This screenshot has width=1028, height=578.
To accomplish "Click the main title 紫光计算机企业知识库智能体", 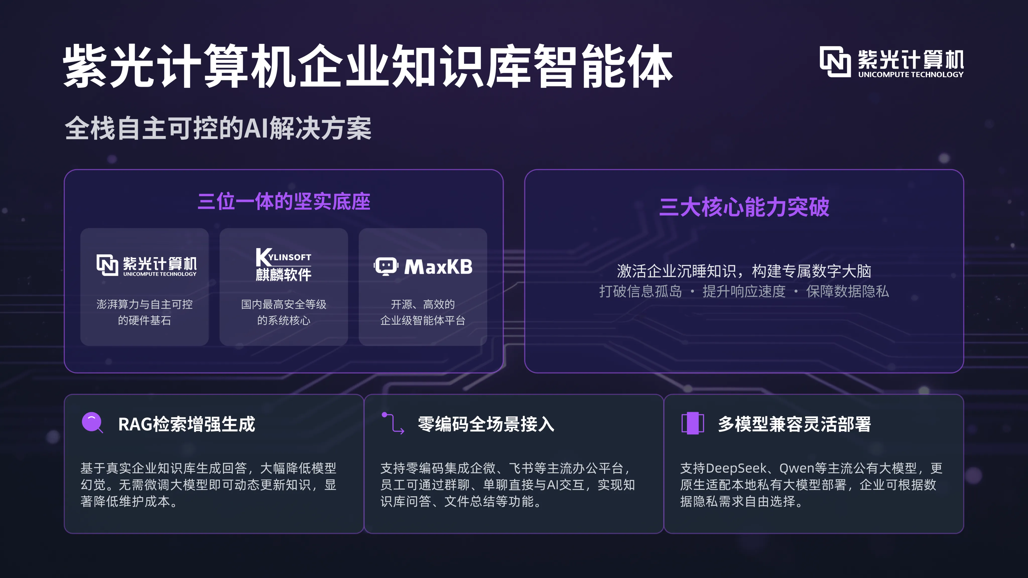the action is [367, 66].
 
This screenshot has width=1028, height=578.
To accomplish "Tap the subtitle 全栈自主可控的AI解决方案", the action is [218, 128].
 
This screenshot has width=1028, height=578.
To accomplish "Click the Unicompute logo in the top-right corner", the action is [891, 62].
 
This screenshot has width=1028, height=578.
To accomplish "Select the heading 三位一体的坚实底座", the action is [284, 201].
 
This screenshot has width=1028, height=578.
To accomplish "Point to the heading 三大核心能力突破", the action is [744, 207].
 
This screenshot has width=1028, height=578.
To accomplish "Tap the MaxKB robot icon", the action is [385, 266].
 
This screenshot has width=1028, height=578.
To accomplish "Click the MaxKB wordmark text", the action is [438, 267].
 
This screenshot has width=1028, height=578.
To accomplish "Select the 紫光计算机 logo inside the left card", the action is [147, 265].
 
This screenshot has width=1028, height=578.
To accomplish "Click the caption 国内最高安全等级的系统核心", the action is [284, 312].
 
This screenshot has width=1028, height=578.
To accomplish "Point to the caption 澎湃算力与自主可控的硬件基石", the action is [145, 312].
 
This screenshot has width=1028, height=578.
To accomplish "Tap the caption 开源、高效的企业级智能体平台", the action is [423, 312].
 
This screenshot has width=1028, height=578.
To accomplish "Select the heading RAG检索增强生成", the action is [186, 424].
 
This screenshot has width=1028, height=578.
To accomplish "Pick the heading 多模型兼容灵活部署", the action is [794, 424].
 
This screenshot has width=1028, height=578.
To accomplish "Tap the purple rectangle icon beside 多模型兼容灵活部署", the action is [692, 423].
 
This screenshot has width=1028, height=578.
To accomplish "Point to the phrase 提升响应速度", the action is [744, 292].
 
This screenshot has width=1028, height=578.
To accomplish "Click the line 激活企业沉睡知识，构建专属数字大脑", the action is [744, 271].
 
